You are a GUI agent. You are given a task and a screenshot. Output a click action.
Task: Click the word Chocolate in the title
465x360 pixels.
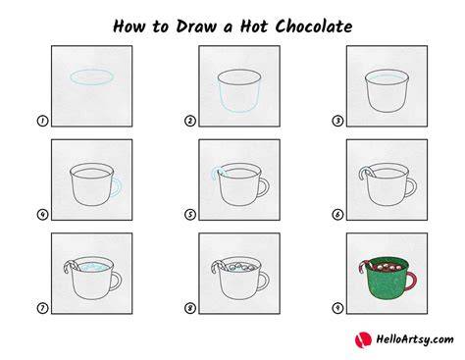point(314,26)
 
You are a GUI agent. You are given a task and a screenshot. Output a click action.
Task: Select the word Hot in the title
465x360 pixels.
point(254,26)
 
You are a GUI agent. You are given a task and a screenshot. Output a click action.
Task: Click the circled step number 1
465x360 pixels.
point(42,121)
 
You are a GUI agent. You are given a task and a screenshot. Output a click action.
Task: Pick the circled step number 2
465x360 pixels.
point(190,121)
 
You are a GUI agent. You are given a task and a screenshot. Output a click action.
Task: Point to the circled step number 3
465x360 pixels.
point(337,121)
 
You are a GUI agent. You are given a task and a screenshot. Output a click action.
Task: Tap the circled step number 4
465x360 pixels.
point(42,215)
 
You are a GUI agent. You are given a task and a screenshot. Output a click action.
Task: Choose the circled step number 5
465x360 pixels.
point(190,215)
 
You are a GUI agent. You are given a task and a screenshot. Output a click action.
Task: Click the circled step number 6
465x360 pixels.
point(337,215)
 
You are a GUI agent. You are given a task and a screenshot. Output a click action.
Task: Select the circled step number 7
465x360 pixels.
point(42,308)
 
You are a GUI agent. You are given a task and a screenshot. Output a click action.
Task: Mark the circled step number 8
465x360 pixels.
point(190,308)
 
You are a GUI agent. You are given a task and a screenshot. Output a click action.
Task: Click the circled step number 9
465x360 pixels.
point(337,308)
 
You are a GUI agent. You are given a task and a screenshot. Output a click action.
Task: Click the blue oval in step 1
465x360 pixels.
point(92,70)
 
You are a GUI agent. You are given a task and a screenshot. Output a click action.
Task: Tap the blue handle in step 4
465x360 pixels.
point(121,187)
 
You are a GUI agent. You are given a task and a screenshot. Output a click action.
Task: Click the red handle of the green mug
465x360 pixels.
point(415,281)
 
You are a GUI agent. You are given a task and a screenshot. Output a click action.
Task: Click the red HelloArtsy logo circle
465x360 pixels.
point(363,339)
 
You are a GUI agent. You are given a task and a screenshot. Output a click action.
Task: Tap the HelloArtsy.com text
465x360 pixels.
point(415,339)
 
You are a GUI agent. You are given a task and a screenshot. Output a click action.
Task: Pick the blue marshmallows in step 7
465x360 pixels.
point(95,267)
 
